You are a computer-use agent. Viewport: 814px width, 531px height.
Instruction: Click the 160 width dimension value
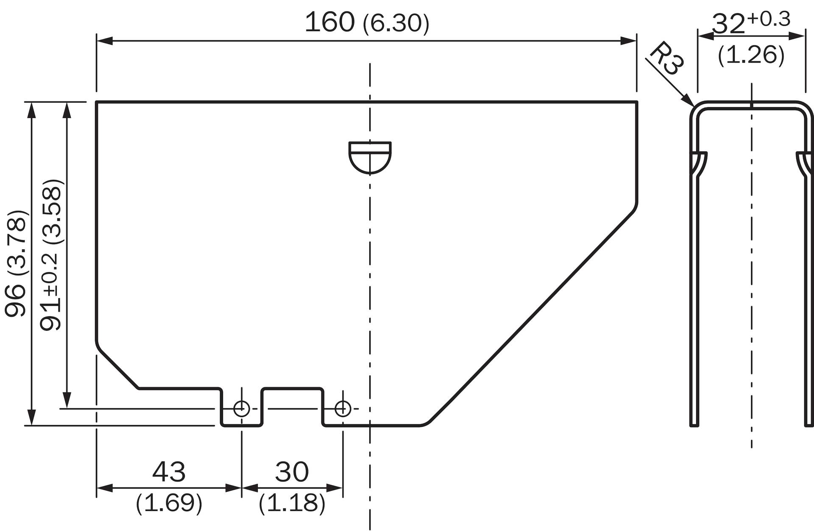click(x=329, y=22)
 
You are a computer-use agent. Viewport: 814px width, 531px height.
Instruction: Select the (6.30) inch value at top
click(x=396, y=24)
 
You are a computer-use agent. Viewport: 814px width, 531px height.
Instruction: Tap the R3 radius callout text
click(x=666, y=58)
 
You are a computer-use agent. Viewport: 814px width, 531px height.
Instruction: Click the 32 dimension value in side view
click(x=728, y=24)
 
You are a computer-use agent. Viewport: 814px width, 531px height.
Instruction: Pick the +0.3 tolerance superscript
click(x=769, y=19)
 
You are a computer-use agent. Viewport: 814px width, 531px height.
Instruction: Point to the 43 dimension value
click(x=169, y=471)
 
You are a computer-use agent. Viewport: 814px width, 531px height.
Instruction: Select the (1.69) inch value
click(x=169, y=503)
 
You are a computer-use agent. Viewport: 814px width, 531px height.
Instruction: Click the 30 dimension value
click(x=292, y=471)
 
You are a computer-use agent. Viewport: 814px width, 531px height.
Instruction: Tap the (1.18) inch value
click(x=292, y=503)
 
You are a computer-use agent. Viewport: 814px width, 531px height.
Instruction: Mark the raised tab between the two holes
click(x=293, y=388)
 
